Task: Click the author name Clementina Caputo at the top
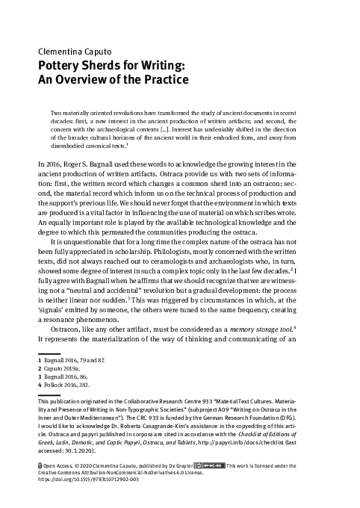pyautogui.click(x=72, y=52)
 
